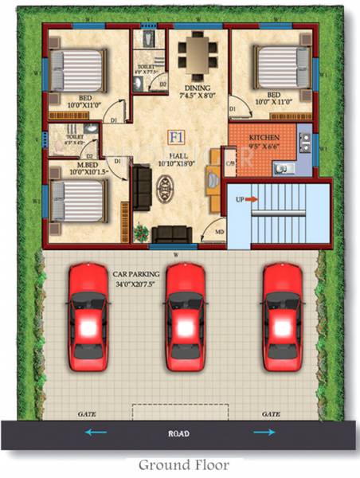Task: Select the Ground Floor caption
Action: [184, 464]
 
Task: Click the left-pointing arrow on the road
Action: [96, 432]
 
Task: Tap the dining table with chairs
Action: [196, 53]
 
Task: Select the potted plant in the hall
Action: [142, 232]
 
